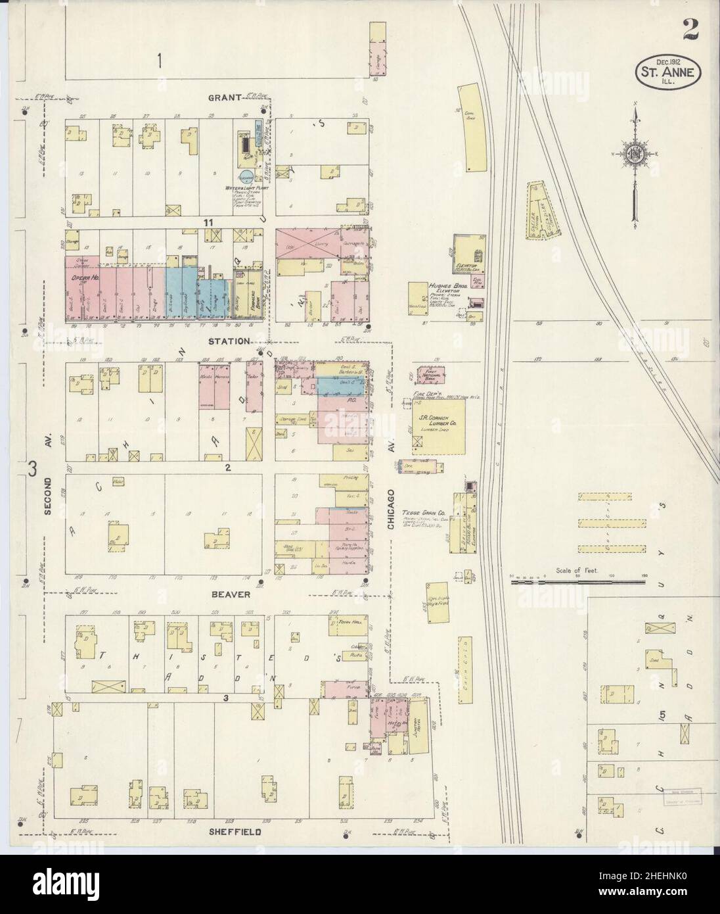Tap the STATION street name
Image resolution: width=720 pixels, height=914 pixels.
pos(228,341)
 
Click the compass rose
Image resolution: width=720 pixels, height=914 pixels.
pos(635,155)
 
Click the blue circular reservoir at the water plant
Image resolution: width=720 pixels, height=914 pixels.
pos(245,176)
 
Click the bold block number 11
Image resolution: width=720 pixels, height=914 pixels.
pos(208,224)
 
